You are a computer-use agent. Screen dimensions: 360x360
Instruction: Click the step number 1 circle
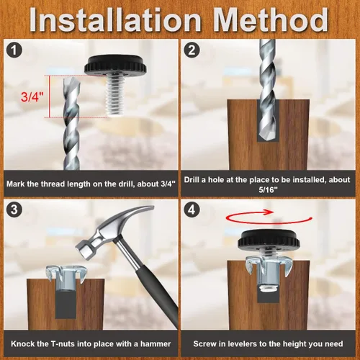(x=14, y=50)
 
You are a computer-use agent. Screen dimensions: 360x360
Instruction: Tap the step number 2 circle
(x=192, y=50)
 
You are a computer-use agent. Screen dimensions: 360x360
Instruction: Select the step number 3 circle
(x=14, y=210)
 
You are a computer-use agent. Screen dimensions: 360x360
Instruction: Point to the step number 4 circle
(x=192, y=210)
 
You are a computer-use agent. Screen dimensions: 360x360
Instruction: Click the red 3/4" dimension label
(x=32, y=96)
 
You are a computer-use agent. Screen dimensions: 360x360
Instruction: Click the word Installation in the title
(x=115, y=20)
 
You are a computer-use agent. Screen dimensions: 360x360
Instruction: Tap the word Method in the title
(x=271, y=20)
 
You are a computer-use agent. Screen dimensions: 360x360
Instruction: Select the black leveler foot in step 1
(x=115, y=65)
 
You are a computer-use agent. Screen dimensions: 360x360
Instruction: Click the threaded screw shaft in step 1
(x=115, y=96)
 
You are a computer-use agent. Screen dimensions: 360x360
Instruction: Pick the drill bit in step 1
(x=71, y=123)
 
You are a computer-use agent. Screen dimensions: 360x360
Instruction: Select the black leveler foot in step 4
(x=269, y=240)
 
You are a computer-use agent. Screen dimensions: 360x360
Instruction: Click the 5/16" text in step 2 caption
(x=268, y=190)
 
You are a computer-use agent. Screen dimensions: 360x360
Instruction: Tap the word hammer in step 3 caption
(x=156, y=344)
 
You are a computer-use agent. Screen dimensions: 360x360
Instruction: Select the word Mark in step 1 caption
(x=15, y=184)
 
